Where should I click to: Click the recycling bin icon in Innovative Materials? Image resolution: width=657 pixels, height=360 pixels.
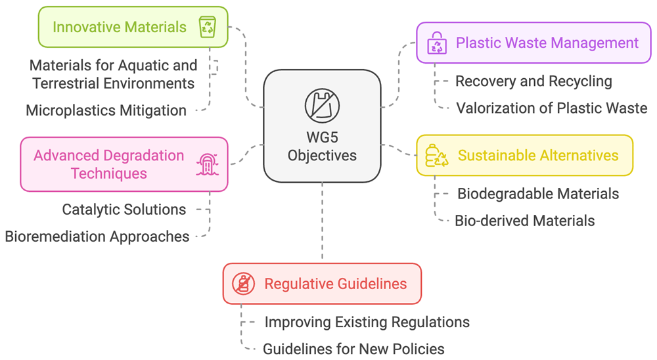click(208, 27)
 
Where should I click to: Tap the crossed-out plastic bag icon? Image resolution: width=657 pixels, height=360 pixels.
click(322, 106)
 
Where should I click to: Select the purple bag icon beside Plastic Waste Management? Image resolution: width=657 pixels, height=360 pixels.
click(437, 43)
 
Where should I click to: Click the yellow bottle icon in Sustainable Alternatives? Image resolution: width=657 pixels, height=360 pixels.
click(436, 156)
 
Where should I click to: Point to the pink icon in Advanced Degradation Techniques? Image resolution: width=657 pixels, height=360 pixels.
click(208, 164)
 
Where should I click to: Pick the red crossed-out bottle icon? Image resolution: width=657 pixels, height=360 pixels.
click(244, 284)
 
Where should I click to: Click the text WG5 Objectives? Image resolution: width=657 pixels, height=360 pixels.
click(322, 146)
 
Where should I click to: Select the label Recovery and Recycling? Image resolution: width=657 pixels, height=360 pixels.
click(533, 81)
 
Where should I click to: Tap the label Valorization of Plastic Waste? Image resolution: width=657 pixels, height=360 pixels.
click(551, 108)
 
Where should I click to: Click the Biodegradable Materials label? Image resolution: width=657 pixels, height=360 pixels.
click(538, 194)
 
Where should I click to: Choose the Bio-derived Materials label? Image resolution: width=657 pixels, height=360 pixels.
click(524, 221)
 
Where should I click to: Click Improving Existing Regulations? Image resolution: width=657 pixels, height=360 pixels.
click(367, 323)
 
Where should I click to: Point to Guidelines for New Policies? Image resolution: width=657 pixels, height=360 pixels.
click(353, 349)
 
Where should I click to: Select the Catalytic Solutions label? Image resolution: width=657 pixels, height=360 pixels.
click(124, 210)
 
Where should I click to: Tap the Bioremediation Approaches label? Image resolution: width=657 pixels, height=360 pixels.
click(97, 236)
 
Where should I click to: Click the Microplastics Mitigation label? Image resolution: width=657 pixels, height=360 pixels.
click(106, 110)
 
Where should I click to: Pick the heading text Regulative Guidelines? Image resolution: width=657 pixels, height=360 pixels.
click(336, 284)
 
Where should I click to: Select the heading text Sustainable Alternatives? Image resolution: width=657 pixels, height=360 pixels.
click(538, 156)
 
